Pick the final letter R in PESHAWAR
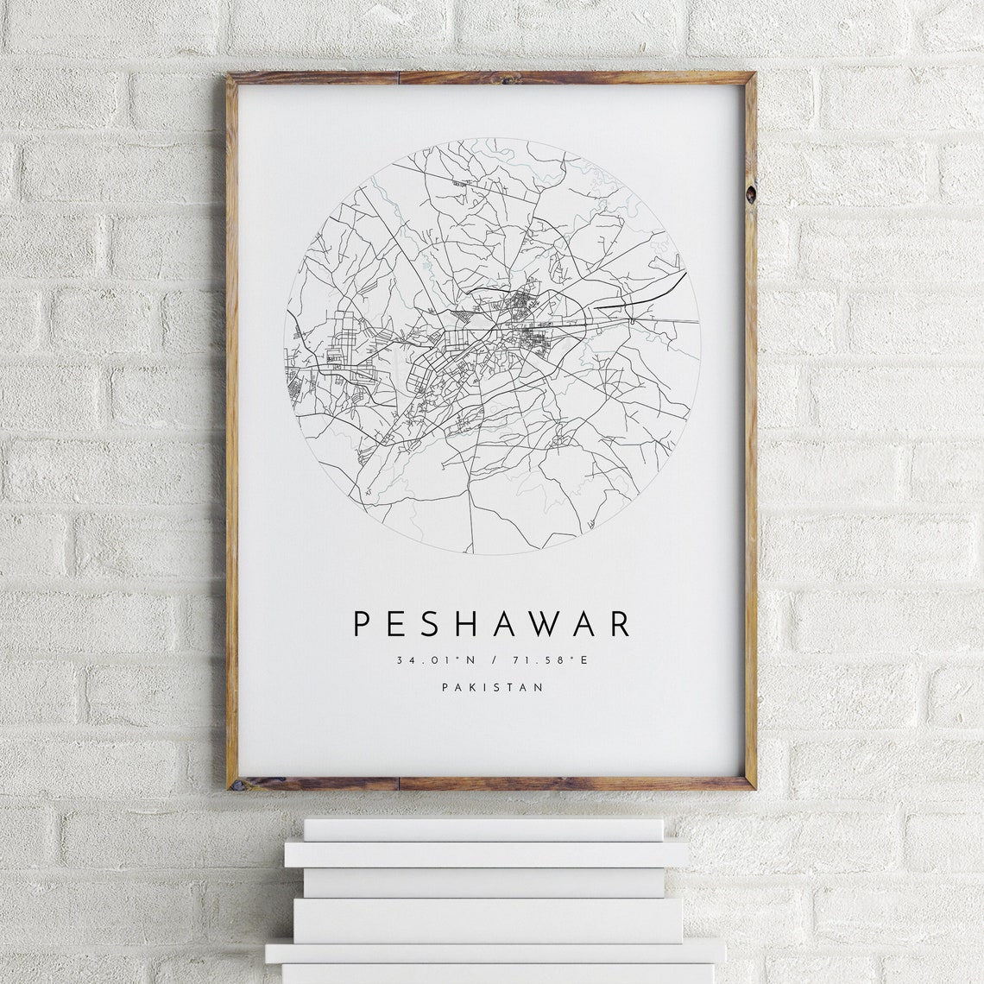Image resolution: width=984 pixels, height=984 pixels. point(620,624)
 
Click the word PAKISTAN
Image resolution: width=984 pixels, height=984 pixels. point(492,688)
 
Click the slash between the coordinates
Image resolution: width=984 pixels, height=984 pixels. point(492,661)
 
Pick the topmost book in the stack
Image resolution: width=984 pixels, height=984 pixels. point(483,829)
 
